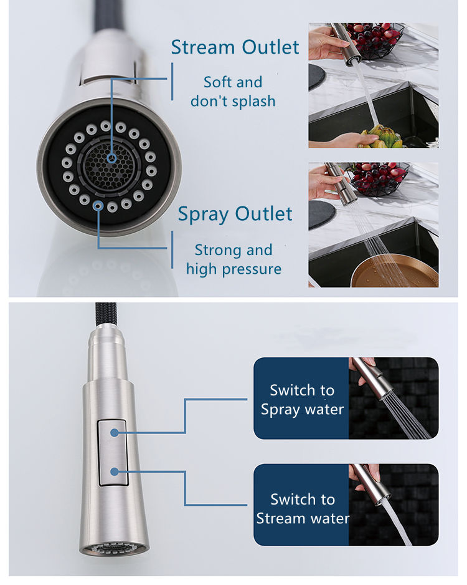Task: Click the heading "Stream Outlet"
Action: [235, 47]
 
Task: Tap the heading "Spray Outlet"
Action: [235, 214]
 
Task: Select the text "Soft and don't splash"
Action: [233, 91]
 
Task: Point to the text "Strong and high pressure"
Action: [233, 259]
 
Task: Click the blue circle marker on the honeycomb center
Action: [111, 158]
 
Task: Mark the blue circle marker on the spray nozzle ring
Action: [98, 205]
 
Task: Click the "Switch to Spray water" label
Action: [302, 400]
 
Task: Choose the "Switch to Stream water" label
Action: [302, 508]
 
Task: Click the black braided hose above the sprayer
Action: [104, 316]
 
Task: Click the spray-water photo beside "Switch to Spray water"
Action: [392, 399]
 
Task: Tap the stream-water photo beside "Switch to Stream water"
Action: [392, 505]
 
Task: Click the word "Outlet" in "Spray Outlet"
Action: [265, 214]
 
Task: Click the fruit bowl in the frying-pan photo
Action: [377, 178]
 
